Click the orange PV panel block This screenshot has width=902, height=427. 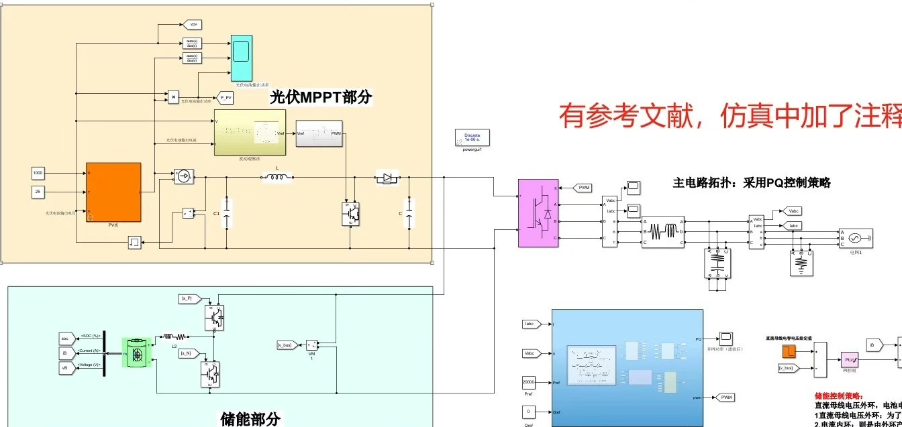click(x=113, y=192)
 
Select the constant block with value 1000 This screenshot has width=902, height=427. click(x=38, y=173)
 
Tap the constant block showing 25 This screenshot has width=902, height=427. click(x=38, y=192)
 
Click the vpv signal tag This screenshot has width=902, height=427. click(x=193, y=24)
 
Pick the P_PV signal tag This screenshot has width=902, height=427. click(x=225, y=98)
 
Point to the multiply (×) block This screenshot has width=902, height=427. click(x=173, y=97)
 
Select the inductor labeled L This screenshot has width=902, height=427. click(x=277, y=178)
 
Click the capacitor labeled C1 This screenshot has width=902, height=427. click(x=227, y=213)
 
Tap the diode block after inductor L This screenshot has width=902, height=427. click(x=387, y=178)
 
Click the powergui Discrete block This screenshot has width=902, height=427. click(x=472, y=137)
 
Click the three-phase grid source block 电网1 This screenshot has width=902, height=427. click(x=856, y=238)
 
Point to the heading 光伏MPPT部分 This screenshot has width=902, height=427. click(x=321, y=97)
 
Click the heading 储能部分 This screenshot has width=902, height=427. click(x=250, y=419)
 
